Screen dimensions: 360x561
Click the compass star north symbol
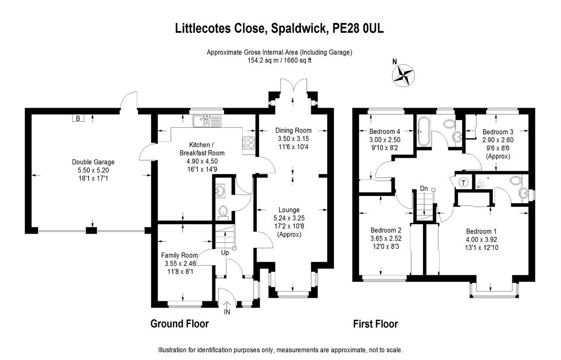tap(404, 76)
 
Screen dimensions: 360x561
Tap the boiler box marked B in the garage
tap(77, 118)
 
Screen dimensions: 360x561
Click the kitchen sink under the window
tap(207, 121)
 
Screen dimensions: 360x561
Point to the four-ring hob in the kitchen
tap(249, 143)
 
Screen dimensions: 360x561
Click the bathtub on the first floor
tap(422, 131)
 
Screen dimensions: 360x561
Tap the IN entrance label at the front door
tap(227, 312)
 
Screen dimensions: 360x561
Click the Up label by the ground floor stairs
tap(225, 252)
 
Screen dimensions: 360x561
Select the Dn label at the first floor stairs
tap(423, 188)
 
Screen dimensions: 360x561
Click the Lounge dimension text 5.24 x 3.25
tap(289, 218)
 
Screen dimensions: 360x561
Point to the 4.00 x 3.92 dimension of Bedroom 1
tap(482, 239)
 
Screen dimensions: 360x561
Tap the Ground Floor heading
tap(180, 323)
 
